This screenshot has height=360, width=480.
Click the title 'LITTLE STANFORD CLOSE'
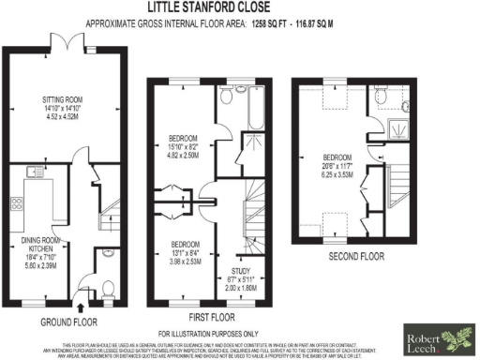tap(240, 7)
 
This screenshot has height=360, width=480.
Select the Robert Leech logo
tap(438, 337)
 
